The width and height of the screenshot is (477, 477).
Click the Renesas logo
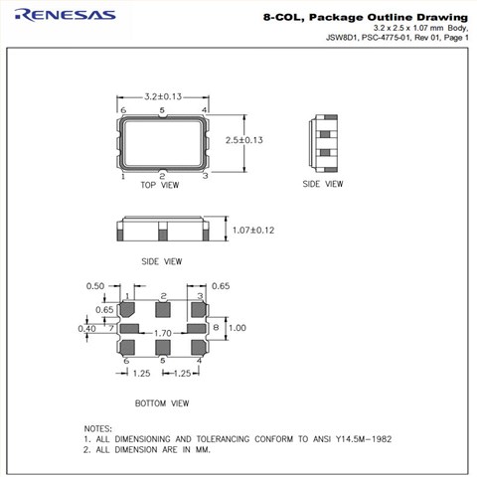65,15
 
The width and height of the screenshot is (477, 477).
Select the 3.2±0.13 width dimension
163,96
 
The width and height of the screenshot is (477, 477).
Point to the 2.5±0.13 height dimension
244,140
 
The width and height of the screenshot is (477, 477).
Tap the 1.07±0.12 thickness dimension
253,231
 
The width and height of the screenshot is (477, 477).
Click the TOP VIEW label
160,185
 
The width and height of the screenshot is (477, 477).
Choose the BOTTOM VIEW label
162,403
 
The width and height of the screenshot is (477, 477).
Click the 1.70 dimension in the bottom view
163,333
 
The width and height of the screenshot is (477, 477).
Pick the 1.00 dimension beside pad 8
238,328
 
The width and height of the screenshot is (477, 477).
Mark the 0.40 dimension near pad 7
86,329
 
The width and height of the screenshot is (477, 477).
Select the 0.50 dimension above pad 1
95,286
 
